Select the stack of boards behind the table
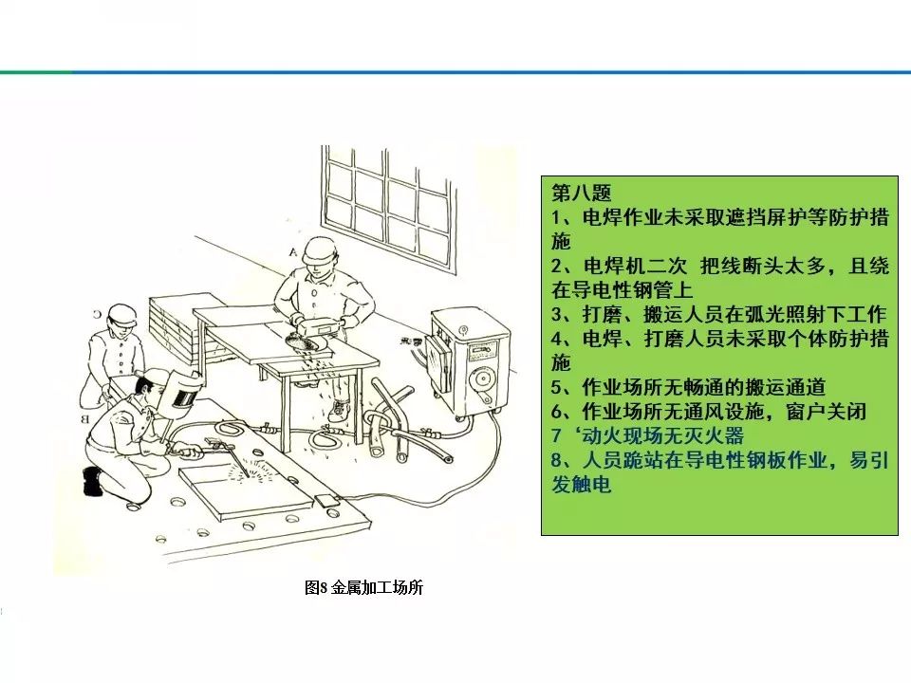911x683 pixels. tap(180, 323)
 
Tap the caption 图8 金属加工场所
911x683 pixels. tap(363, 588)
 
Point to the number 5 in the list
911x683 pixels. tap(557, 387)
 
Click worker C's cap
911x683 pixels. tap(121, 313)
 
